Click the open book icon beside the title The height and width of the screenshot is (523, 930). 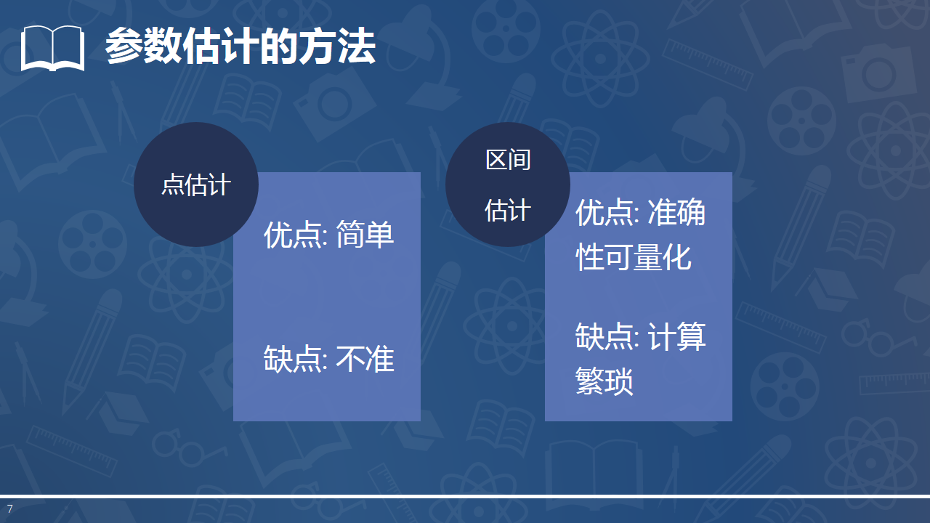click(x=52, y=48)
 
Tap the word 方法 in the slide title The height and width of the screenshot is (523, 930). click(x=348, y=47)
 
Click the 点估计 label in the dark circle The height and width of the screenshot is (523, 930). click(x=195, y=185)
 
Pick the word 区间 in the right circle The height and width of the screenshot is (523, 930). click(x=508, y=159)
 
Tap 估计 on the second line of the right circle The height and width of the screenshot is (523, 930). click(x=508, y=211)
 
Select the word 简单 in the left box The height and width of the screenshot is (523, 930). click(x=365, y=235)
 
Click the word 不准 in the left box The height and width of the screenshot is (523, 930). click(x=365, y=359)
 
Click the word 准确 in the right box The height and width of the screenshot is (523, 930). click(x=676, y=213)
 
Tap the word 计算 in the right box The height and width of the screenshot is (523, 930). click(x=677, y=337)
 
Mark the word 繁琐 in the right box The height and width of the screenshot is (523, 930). click(x=604, y=381)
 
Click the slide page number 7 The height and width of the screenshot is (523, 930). click(x=10, y=508)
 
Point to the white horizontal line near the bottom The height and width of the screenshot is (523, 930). click(x=465, y=497)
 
